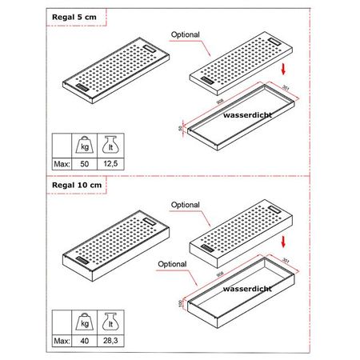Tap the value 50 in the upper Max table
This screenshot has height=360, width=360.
[x=84, y=162]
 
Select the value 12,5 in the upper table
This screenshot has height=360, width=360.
[x=110, y=162]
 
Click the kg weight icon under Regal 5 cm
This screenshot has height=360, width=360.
[x=84, y=144]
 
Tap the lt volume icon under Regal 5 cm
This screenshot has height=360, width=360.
[x=110, y=144]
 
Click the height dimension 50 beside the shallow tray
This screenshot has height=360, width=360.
[x=181, y=128]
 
